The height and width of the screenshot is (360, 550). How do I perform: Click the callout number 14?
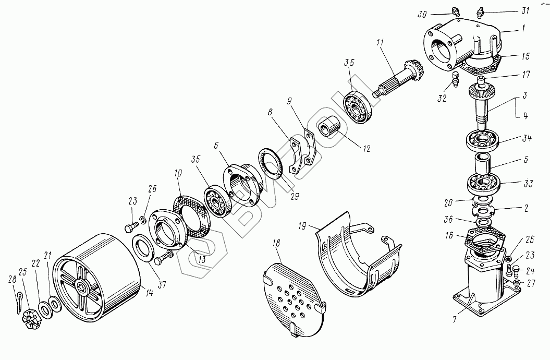pyautogui.click(x=150, y=293)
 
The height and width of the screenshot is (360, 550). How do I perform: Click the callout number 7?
pyautogui.click(x=455, y=318)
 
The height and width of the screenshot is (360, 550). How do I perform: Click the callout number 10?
pyautogui.click(x=178, y=173)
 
